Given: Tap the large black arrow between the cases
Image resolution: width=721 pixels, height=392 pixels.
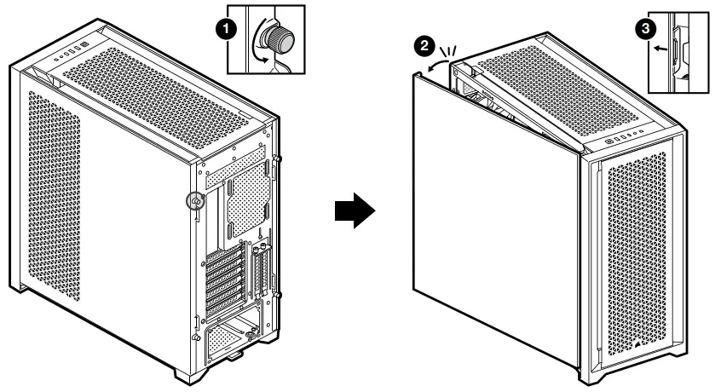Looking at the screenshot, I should click(x=353, y=209).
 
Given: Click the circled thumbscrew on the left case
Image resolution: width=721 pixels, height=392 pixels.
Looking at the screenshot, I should click(x=195, y=200).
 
